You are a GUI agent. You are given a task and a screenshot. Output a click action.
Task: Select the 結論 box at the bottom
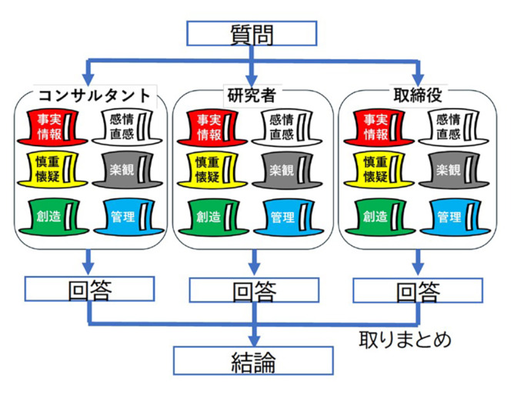pos(253,360)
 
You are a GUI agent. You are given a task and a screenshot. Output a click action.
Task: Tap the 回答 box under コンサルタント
pos(90,289)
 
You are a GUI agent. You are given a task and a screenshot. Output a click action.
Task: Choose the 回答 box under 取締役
pos(417,290)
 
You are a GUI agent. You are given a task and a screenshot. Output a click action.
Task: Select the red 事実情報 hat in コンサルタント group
pos(56,128)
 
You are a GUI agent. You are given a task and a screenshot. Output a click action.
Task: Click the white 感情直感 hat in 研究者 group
pos(286,128)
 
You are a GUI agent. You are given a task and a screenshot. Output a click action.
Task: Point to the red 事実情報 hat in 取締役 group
pos(379,128)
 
